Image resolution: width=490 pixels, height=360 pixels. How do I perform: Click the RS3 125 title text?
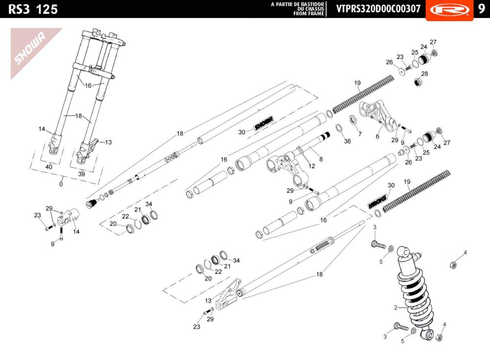tap(33, 9)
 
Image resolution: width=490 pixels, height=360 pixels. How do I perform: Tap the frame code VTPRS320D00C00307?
tap(378, 9)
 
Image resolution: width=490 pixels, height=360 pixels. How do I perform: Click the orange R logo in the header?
tap(450, 10)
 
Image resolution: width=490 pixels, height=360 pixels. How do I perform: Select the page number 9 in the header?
tap(481, 9)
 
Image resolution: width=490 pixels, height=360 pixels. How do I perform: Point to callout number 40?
tap(49, 167)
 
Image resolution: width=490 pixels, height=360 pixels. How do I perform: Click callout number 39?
tap(81, 174)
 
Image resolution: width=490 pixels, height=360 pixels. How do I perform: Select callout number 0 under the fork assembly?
tap(61, 184)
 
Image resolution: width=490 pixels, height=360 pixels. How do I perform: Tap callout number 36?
tap(347, 141)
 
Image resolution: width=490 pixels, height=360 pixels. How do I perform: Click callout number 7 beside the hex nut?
tap(360, 134)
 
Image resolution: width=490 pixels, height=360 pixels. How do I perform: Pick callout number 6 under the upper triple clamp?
tap(377, 136)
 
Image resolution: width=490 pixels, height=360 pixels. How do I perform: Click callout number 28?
tap(424, 74)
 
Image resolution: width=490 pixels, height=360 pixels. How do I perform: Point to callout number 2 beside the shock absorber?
tap(395, 308)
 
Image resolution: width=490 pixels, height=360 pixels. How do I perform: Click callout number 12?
tap(312, 166)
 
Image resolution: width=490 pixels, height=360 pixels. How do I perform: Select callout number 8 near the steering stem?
tap(321, 159)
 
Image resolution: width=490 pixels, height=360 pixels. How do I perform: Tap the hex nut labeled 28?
tap(418, 82)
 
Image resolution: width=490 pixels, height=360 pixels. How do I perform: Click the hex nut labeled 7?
tap(352, 120)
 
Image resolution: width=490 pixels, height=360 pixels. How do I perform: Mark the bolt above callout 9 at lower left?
tap(61, 233)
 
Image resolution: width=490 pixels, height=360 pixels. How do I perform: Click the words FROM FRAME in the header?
tap(308, 14)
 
